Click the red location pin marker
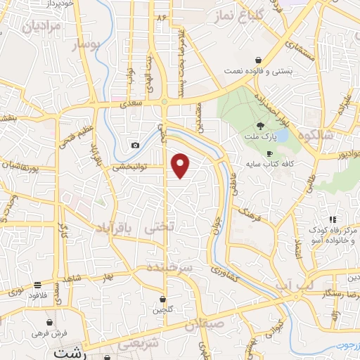[181, 165]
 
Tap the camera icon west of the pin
[134, 146]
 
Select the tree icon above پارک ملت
[261, 125]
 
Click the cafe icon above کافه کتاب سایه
[269, 153]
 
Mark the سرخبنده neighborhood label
[169, 269]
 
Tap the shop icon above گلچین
[162, 299]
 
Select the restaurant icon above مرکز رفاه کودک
[333, 219]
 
